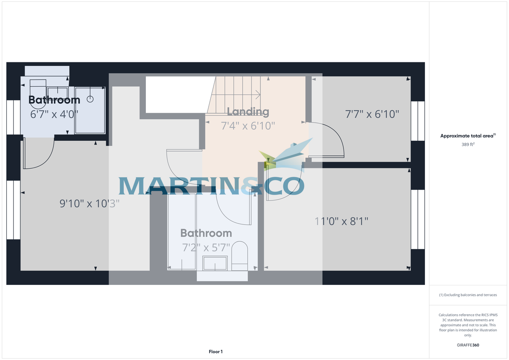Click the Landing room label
click(248, 112)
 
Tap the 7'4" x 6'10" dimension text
click(248, 126)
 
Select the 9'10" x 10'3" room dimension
click(89, 204)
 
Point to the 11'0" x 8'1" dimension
click(341, 221)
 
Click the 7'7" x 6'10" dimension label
click(372, 114)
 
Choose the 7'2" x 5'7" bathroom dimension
click(206, 247)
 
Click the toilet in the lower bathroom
click(240, 256)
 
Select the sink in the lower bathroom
click(215, 263)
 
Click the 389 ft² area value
click(468, 145)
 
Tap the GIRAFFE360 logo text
click(468, 345)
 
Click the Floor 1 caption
click(215, 352)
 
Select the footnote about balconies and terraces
click(468, 295)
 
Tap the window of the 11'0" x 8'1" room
click(417, 219)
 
